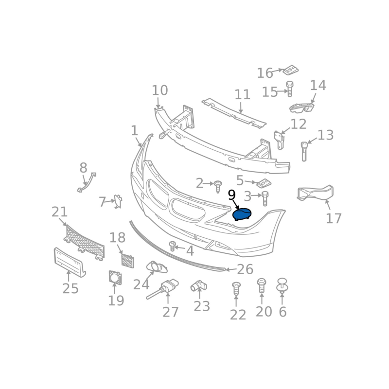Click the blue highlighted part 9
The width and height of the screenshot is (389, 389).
[x=242, y=214]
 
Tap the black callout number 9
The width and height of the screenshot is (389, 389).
[x=231, y=195]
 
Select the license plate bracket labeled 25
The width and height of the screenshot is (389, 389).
[x=70, y=262]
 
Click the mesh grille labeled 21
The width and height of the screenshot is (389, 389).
[x=85, y=243]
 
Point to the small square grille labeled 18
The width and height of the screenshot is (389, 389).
[x=127, y=261]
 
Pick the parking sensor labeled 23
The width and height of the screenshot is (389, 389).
[x=199, y=286]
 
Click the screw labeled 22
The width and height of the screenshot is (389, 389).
[x=236, y=288]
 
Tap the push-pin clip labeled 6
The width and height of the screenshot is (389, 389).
[x=282, y=285]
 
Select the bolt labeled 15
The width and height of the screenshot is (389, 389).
[x=289, y=88]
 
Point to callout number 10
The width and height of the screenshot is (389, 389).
[x=160, y=90]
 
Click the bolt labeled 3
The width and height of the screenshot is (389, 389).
[x=265, y=198]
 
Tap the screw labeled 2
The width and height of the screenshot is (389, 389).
[x=218, y=186]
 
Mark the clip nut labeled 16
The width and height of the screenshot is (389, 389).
[x=290, y=70]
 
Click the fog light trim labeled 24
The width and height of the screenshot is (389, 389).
[x=157, y=267]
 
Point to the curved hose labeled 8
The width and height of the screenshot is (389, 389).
[x=87, y=182]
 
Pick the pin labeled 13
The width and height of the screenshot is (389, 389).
[x=304, y=151]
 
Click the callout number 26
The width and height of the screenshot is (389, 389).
[x=245, y=269]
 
